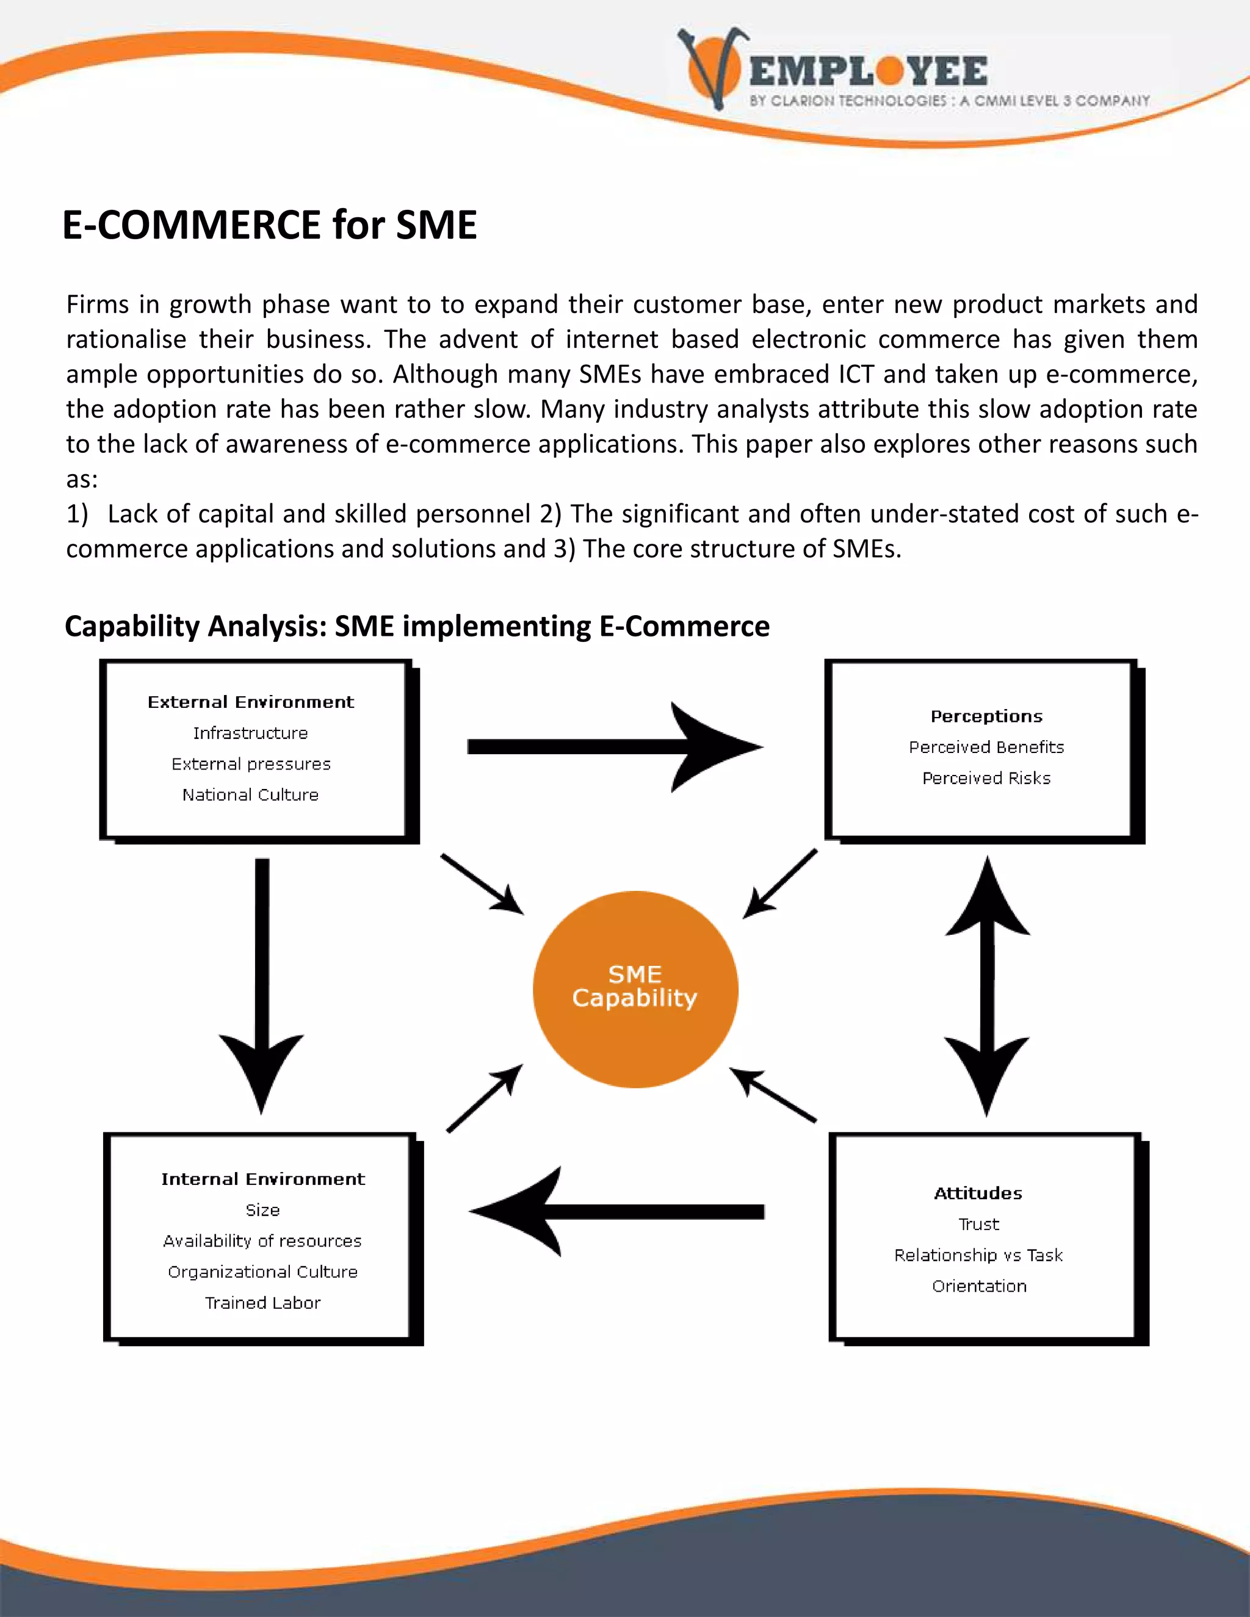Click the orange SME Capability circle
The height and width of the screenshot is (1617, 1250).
pos(635,989)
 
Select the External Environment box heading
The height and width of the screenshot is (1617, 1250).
pos(251,702)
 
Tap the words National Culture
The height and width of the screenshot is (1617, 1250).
pos(250,794)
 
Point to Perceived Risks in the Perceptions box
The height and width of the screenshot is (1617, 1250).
pos(986,778)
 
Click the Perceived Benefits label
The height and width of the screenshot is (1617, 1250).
pos(986,747)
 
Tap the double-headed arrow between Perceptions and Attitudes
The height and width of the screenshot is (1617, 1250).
pos(987,985)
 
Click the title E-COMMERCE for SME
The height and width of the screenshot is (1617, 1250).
pos(270,225)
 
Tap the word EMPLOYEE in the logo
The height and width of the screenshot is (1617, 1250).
pos(868,71)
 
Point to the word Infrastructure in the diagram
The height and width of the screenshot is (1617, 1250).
pos(250,733)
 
